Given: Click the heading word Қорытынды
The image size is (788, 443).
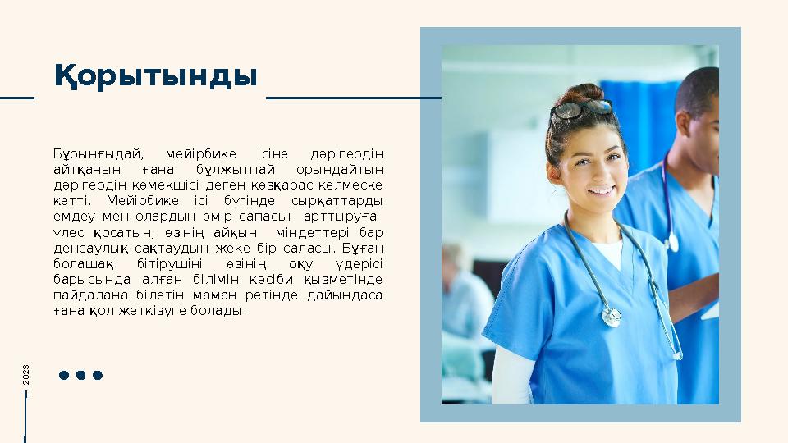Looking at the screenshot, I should tap(156, 76).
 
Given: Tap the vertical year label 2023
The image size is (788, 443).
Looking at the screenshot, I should tap(26, 375).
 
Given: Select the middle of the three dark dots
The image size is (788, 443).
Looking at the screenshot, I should tap(80, 375).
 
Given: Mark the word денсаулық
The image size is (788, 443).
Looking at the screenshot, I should tap(87, 249).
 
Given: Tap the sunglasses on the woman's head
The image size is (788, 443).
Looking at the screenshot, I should tap(582, 108).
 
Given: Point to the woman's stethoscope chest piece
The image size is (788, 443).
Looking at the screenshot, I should tap(612, 316).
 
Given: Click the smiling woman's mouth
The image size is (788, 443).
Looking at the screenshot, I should tap(601, 190).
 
